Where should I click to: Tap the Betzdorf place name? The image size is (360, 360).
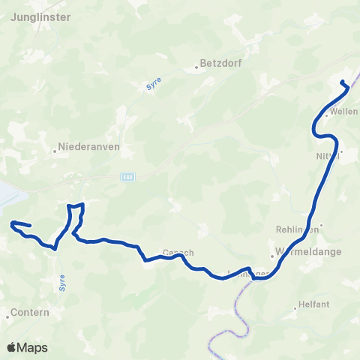(x=220, y=64)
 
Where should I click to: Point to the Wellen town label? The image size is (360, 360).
(x=343, y=112)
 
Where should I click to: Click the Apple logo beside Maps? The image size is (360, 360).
(x=11, y=347)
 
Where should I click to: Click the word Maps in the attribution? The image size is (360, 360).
(x=32, y=347)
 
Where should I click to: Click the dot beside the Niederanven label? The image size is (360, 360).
(x=55, y=149)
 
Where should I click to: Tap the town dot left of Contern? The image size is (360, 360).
(x=7, y=316)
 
